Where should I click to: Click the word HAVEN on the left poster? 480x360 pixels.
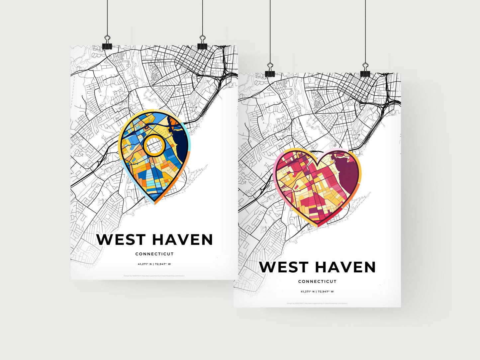point(183,240)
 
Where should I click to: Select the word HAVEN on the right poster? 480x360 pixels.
point(345,267)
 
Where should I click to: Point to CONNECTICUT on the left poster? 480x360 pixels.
point(154,254)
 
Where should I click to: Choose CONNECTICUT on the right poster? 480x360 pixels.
point(317,282)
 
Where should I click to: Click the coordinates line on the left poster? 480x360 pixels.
point(154,264)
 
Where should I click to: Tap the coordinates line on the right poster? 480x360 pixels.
point(317,292)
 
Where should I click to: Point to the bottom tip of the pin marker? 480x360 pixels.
point(155,204)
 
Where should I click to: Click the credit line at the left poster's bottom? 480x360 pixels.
point(154,276)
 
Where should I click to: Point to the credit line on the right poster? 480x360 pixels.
point(317,303)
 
